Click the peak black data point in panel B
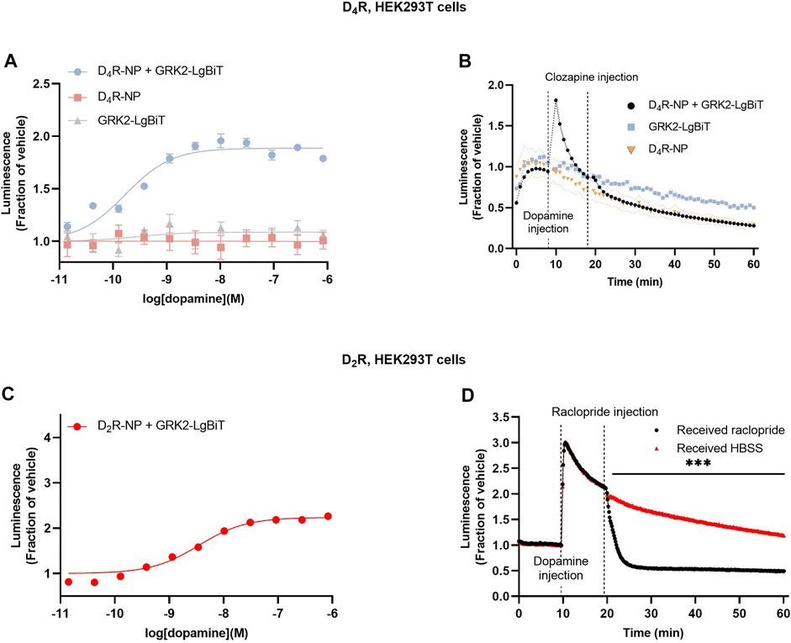click(x=556, y=101)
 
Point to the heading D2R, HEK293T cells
click(x=395, y=362)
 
